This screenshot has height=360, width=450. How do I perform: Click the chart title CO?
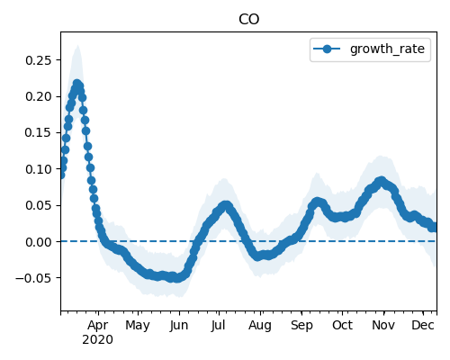coord(248,20)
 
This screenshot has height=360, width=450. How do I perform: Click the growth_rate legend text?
coord(387,49)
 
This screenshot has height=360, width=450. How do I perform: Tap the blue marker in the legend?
coord(327,49)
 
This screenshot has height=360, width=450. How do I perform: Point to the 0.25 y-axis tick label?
coord(39,60)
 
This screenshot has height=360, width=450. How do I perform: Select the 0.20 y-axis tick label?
coord(39,96)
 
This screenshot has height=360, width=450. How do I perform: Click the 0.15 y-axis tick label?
coord(39,132)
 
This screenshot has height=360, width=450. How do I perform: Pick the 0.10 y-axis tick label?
coord(39,169)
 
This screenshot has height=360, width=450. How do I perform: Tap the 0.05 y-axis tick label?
coord(39,205)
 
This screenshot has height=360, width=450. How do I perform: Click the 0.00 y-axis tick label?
coord(39,242)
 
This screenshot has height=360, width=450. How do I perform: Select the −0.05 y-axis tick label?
coord(34,278)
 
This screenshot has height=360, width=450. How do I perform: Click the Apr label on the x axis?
coord(98,326)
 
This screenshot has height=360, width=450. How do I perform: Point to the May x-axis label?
coord(138,326)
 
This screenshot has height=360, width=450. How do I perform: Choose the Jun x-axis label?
coord(179,326)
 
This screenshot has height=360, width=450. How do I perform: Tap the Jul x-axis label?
coord(218,326)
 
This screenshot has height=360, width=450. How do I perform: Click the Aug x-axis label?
coord(260,326)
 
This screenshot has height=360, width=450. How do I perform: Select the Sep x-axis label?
coord(301,326)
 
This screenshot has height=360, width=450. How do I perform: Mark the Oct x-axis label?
coord(342,326)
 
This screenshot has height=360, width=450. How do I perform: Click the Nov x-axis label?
coord(383,326)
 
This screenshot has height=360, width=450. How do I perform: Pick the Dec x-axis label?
coord(423,326)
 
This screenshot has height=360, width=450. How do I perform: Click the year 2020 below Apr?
coord(98,340)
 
